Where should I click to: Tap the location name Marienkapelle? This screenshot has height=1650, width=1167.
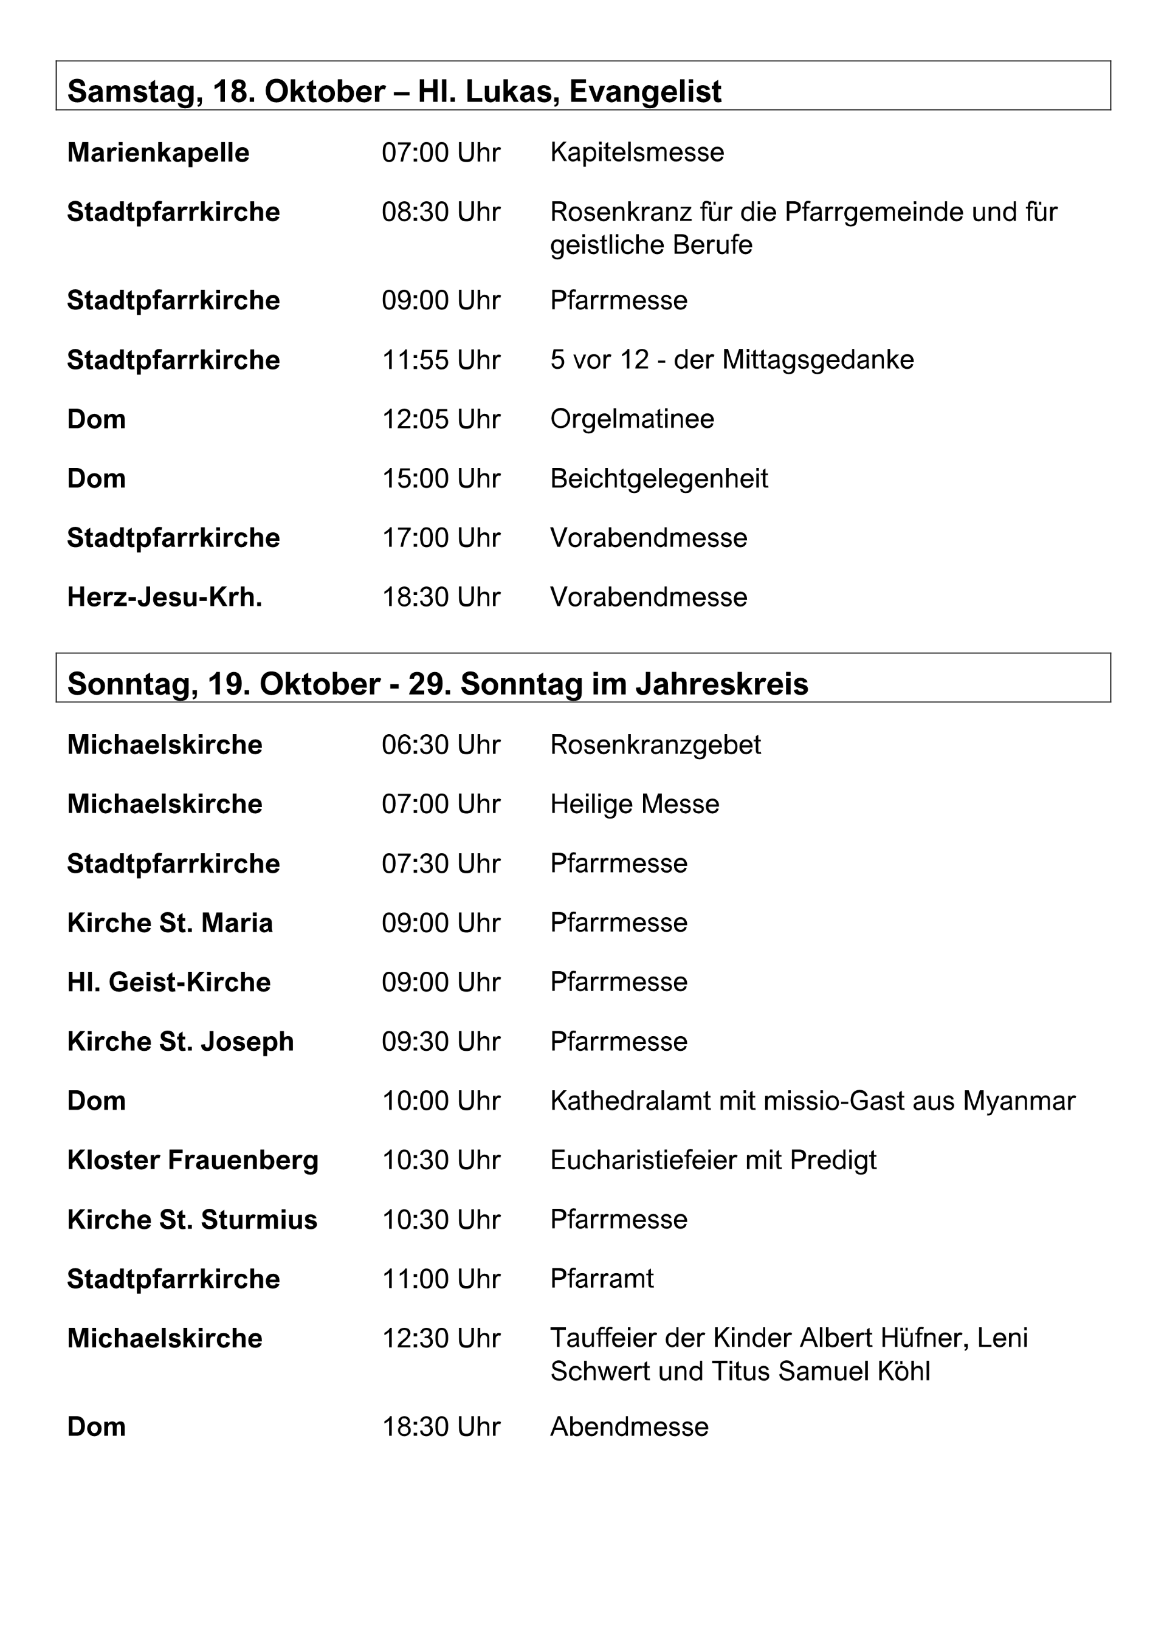(x=158, y=153)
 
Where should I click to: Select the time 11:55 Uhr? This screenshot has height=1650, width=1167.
(x=441, y=360)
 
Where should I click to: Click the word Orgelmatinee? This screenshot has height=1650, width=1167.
(x=632, y=419)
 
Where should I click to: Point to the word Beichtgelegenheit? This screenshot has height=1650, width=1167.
(x=659, y=479)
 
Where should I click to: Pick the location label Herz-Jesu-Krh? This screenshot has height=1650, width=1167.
(x=165, y=597)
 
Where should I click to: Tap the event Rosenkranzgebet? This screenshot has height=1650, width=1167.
(x=655, y=745)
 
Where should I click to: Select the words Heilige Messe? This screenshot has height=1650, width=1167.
(x=635, y=804)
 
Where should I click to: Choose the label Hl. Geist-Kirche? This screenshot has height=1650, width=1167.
(x=169, y=982)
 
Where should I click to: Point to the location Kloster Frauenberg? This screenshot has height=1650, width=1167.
(x=193, y=1160)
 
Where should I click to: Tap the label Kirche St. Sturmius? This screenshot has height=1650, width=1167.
(x=192, y=1220)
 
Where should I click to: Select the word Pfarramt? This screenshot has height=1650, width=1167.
(x=602, y=1279)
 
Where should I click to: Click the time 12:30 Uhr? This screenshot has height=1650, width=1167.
(x=441, y=1338)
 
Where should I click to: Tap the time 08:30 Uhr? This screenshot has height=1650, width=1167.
(x=441, y=212)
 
